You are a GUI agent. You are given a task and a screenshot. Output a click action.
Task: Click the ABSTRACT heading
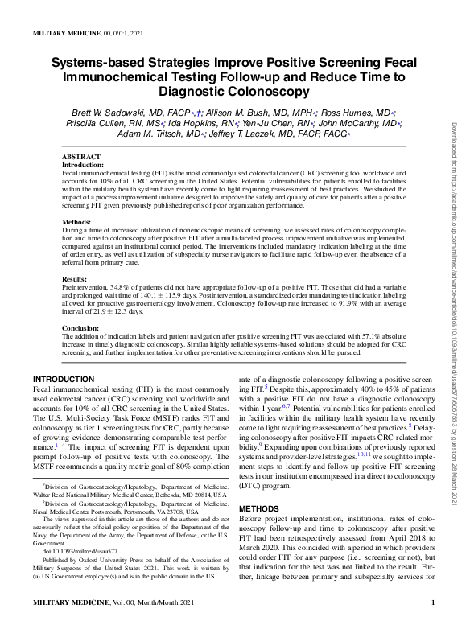pyautogui.click(x=81, y=157)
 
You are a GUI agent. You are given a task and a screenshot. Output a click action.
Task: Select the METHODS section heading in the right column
pyautogui.click(x=263, y=509)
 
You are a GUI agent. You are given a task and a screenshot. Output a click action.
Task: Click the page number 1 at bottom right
pyautogui.click(x=433, y=623)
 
